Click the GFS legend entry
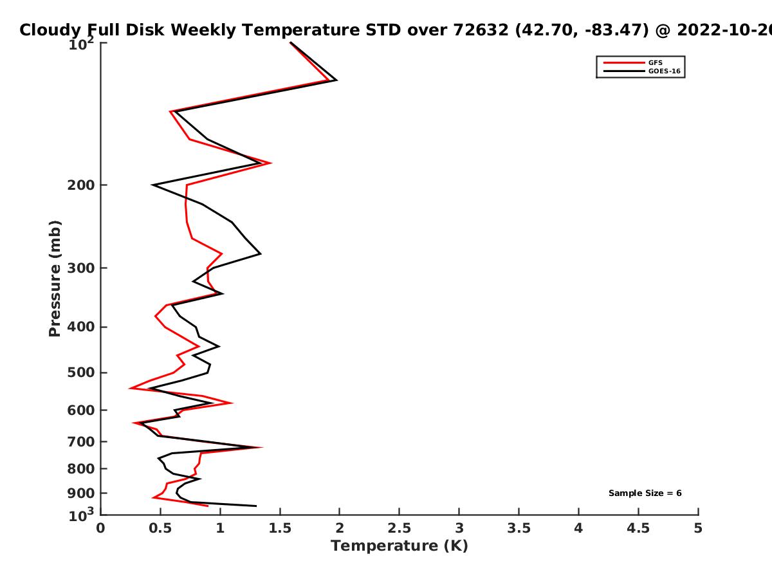pyautogui.click(x=633, y=62)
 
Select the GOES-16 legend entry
pyautogui.click(x=642, y=71)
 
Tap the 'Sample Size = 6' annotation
pyautogui.click(x=645, y=493)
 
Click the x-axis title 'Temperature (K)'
pyautogui.click(x=400, y=546)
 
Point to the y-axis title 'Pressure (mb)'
pyautogui.click(x=55, y=279)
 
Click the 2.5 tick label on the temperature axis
pyautogui.click(x=400, y=528)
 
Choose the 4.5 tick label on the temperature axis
pyautogui.click(x=638, y=528)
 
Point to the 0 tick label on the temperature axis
pyautogui.click(x=100, y=528)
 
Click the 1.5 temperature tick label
pyautogui.click(x=280, y=528)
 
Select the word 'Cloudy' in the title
pyautogui.click(x=50, y=30)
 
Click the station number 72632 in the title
pyautogui.click(x=481, y=30)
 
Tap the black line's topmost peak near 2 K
pyautogui.click(x=336, y=80)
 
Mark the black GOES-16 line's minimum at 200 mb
pyautogui.click(x=152, y=185)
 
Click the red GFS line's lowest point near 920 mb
pyautogui.click(x=152, y=498)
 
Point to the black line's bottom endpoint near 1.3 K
pyautogui.click(x=256, y=506)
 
